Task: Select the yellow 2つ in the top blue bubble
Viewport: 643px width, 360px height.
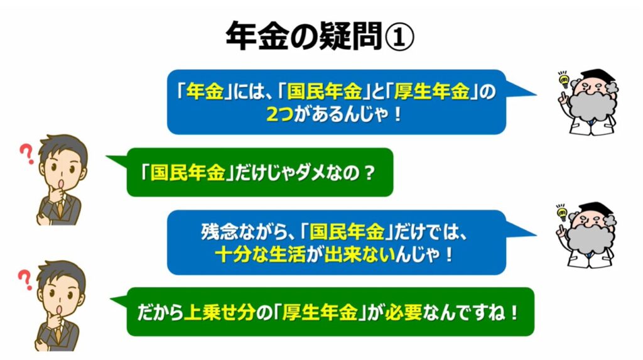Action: pos(279,114)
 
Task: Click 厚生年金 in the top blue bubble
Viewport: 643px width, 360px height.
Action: pos(431,91)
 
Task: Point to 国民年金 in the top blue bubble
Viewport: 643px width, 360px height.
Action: pos(324,91)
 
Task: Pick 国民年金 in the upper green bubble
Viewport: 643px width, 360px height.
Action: pos(188,173)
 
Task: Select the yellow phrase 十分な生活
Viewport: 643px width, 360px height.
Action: pos(260,254)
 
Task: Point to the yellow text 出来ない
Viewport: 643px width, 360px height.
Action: pos(360,254)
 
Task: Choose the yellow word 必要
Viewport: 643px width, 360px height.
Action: pos(404,314)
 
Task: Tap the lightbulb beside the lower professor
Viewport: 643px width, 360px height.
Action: pos(562,213)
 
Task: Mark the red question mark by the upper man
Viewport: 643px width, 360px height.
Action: pos(27,155)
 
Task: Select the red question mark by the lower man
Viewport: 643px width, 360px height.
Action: pos(25,280)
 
